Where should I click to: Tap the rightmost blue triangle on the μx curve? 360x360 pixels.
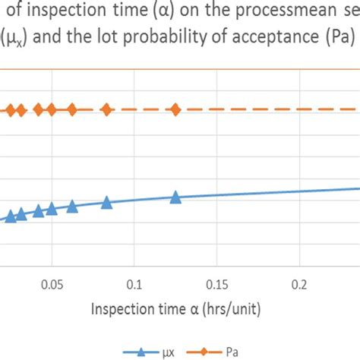(175, 197)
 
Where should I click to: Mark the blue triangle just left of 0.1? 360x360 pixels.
(106, 202)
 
